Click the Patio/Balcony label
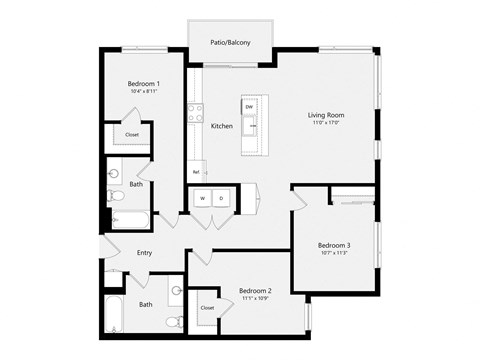230,43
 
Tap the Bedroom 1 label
144,84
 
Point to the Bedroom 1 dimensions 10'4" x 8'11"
144,93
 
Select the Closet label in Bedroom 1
131,134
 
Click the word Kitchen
222,126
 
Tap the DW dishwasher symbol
248,106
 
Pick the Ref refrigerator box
195,172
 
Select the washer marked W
203,198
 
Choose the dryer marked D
221,198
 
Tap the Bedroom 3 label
334,245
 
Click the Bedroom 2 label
256,291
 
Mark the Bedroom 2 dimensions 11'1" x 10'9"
256,300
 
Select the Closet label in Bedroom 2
207,308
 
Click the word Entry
145,253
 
